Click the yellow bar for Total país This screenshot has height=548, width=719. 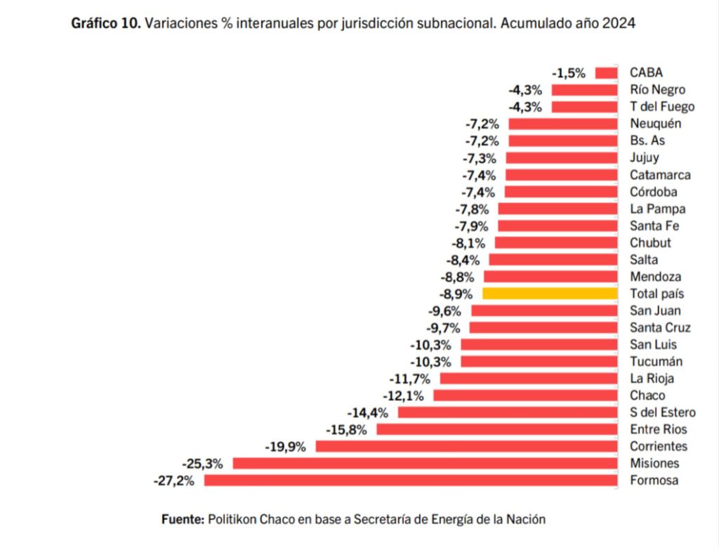550,294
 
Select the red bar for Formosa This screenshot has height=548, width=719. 411,481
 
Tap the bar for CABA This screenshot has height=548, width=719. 606,72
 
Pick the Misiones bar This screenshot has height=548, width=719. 425,463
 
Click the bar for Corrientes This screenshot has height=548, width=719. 466,446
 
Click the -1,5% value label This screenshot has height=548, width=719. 569,72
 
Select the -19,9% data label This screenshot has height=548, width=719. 285,446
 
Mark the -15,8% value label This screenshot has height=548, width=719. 346,429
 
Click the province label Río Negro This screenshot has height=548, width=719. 657,89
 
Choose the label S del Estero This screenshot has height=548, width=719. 663,412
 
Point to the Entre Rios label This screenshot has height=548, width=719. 659,429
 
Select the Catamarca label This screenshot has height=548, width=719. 660,174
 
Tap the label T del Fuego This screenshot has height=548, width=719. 662,107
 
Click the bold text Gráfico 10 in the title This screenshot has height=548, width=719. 106,23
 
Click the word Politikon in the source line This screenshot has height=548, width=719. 233,519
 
